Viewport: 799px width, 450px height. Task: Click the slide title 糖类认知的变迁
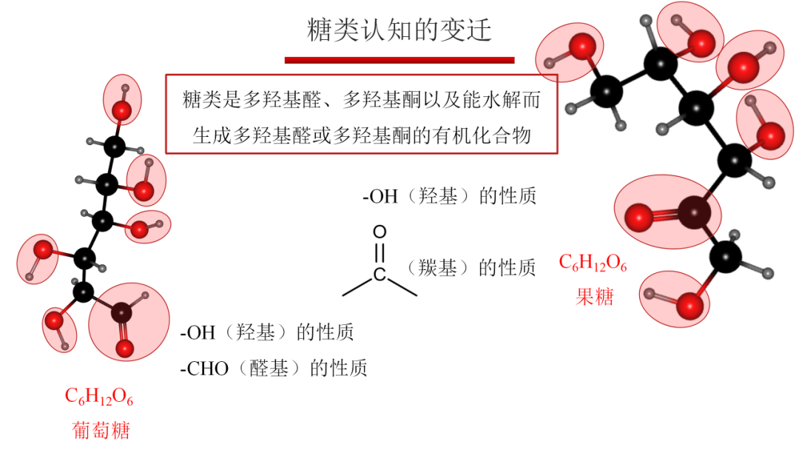click(399, 30)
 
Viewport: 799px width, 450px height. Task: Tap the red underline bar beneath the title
click(399, 59)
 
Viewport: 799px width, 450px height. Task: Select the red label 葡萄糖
click(101, 429)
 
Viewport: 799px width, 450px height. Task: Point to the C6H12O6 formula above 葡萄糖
click(99, 397)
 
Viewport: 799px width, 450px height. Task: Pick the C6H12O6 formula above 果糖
click(593, 264)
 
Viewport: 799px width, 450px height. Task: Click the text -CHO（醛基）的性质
click(273, 367)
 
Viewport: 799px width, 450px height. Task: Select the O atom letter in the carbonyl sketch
click(380, 232)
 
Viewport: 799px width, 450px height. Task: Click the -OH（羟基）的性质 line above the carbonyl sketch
click(449, 197)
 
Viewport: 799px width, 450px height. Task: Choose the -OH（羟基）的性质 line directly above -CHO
click(267, 332)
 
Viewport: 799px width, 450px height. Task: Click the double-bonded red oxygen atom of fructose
click(638, 218)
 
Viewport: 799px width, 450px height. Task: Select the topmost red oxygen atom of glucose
click(121, 111)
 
